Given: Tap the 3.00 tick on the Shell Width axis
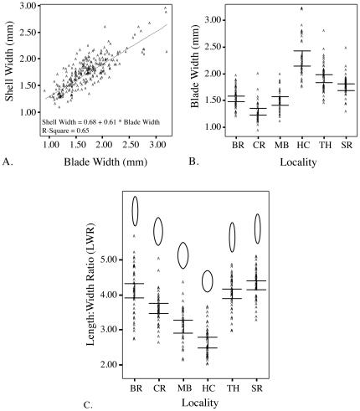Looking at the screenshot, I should click(x=26, y=7).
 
